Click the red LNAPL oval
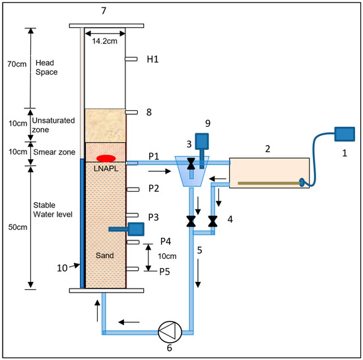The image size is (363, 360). [x=106, y=159]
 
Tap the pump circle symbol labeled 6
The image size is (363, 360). [x=170, y=332]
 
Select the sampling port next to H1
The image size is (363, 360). [x=131, y=59]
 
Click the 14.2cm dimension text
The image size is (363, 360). [x=105, y=41]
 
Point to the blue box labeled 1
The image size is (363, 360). [x=345, y=134]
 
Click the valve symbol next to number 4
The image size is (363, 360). [x=213, y=221]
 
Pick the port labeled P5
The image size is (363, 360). [x=133, y=269]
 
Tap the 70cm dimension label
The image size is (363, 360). [x=17, y=64]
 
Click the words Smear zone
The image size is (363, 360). [x=54, y=152]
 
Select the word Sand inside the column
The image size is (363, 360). [x=105, y=255]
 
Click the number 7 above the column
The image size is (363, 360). [x=104, y=11]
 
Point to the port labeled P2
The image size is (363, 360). [x=133, y=190]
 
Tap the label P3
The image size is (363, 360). [x=153, y=217]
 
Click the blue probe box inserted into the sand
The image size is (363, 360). [x=136, y=229]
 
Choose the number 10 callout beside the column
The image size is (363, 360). [x=62, y=268]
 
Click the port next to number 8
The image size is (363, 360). [x=131, y=112]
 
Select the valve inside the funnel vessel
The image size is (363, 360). [x=191, y=164]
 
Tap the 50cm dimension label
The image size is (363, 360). [x=18, y=227]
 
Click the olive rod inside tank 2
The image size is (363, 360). [x=269, y=183]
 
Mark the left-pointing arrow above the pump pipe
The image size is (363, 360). [x=129, y=322]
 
